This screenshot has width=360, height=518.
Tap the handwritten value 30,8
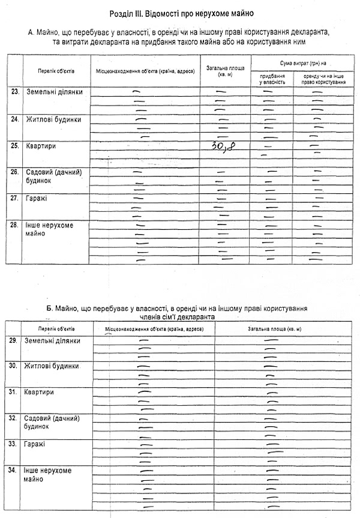(221, 145)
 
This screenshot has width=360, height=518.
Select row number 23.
(14, 92)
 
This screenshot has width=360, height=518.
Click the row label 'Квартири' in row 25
(38, 145)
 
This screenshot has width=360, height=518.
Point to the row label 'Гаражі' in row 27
(36, 197)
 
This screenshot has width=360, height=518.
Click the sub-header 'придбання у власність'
(272, 79)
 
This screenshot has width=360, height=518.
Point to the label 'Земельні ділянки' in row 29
(52, 341)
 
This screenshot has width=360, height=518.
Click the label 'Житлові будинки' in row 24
(53, 119)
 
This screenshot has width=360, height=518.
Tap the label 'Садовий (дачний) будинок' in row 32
(52, 422)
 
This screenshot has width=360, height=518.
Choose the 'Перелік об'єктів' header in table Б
(57, 330)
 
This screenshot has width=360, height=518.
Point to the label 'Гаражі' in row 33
(36, 444)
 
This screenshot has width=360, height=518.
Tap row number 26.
(14, 172)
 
